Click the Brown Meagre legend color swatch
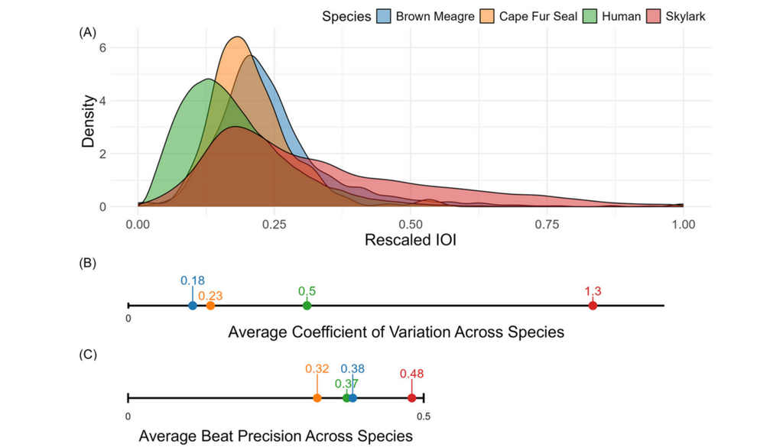[x=384, y=16]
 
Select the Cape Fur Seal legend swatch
[x=487, y=16]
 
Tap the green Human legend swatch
[x=590, y=16]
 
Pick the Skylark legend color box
[x=654, y=16]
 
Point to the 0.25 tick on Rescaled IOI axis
[x=275, y=225]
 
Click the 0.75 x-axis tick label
[x=547, y=225]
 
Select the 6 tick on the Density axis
[x=102, y=48]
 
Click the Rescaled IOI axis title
[x=411, y=240]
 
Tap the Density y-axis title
[x=89, y=121]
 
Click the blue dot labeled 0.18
[x=193, y=306]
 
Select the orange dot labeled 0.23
[x=210, y=306]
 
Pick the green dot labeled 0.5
[x=307, y=306]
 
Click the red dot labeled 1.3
[x=593, y=306]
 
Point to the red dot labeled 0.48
[x=411, y=397]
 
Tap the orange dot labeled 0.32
[x=317, y=397]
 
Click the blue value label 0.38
[x=353, y=368]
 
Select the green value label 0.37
[x=346, y=384]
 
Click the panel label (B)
[x=87, y=263]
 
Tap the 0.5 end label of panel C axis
[x=424, y=416]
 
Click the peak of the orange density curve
[x=239, y=37]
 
